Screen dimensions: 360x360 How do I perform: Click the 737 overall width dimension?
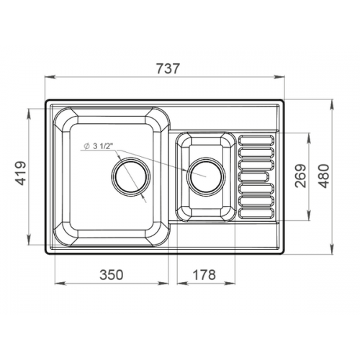click(168, 69)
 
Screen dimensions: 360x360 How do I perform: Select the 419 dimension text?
click(20, 173)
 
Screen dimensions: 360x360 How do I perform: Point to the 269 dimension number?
click(300, 176)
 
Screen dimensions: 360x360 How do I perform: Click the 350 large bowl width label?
click(112, 275)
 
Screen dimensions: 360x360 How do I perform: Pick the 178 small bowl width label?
click(204, 275)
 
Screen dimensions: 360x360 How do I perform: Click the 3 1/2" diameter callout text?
click(101, 146)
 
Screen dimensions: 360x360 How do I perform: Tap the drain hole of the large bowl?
click(131, 176)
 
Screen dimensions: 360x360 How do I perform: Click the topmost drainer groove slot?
click(256, 140)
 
